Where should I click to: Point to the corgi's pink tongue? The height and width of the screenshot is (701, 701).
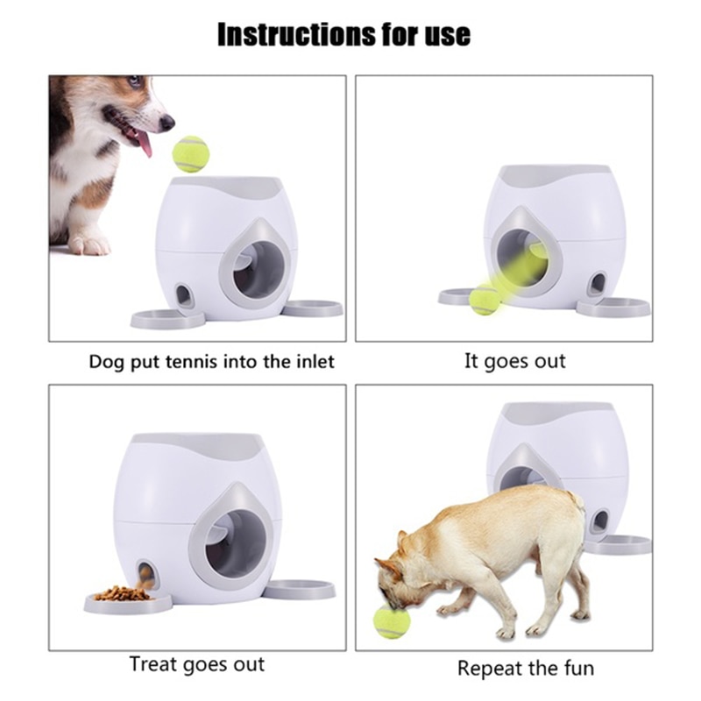click(x=144, y=143)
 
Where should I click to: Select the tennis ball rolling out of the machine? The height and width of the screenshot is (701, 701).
click(x=485, y=301)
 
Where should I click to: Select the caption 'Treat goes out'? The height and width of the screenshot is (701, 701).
click(x=197, y=664)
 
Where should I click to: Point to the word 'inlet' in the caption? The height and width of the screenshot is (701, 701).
click(x=311, y=361)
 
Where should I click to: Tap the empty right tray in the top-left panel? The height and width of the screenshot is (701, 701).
click(x=313, y=308)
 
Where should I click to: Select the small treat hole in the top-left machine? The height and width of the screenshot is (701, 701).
click(x=185, y=295)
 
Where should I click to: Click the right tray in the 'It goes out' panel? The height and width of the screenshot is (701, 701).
click(x=614, y=308)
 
